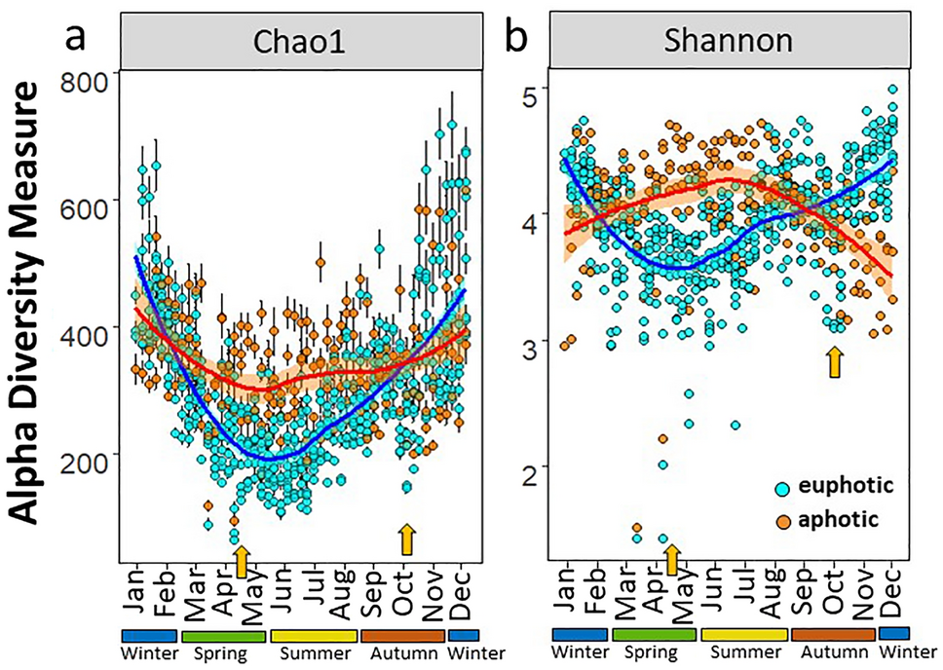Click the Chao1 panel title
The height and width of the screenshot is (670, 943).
299,42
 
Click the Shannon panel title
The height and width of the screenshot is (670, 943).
728,42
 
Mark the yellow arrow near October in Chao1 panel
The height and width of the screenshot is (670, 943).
407,539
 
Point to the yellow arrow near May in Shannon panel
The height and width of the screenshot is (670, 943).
671,559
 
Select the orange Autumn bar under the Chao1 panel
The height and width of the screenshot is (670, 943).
403,634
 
